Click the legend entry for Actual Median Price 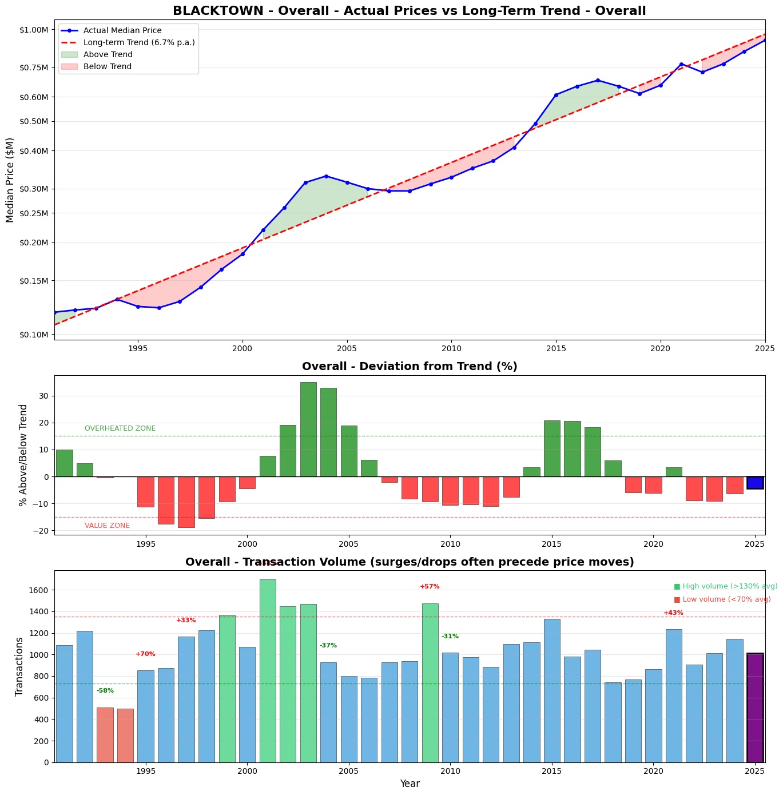[x=122, y=31]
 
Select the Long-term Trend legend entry [x=138, y=43]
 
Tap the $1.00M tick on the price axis [x=33, y=30]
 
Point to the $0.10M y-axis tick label [x=33, y=335]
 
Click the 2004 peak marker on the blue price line [x=326, y=176]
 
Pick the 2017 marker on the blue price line [x=598, y=80]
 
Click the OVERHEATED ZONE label [x=120, y=428]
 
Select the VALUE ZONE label [x=107, y=526]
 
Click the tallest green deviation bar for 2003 [x=308, y=429]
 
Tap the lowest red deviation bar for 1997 [x=186, y=502]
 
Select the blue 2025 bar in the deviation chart [x=755, y=483]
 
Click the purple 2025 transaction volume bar [x=755, y=707]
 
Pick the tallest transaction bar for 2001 [x=268, y=670]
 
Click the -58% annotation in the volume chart [x=105, y=691]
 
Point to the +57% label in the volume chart [x=430, y=587]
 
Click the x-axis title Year [x=410, y=784]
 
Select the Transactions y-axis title [x=19, y=666]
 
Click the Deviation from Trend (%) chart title [x=410, y=367]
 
